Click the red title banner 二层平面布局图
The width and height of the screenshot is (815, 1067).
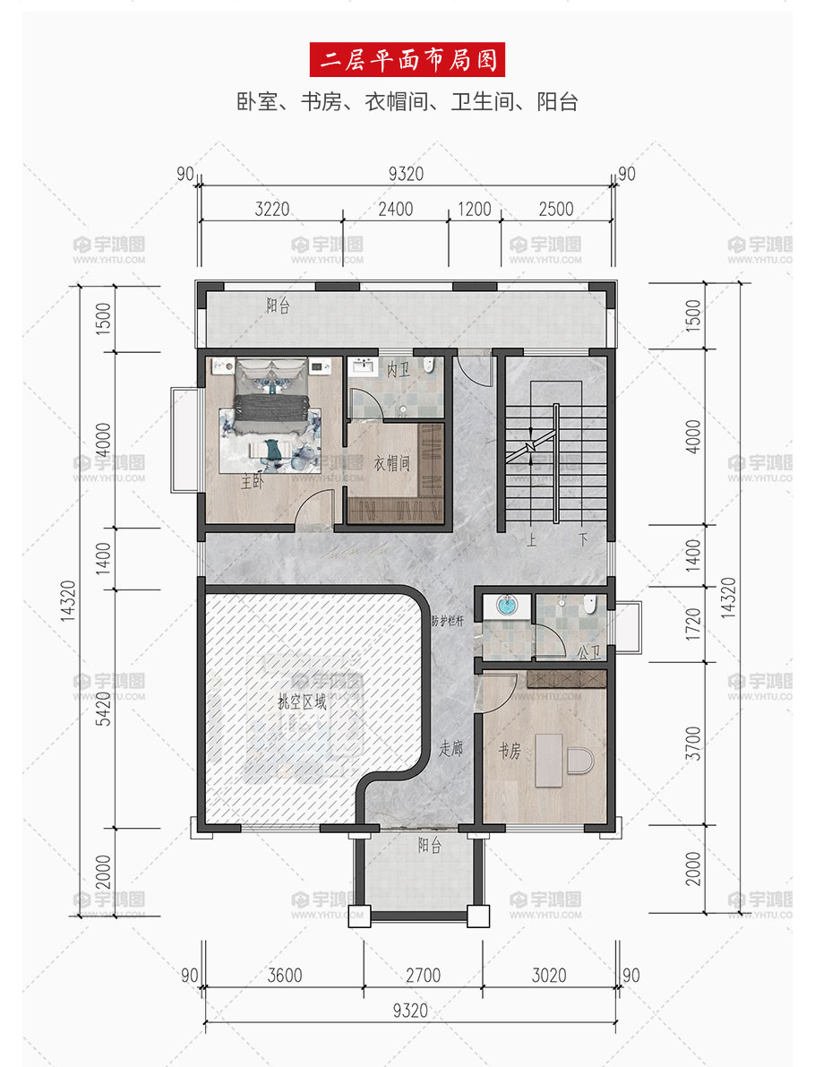[407, 60]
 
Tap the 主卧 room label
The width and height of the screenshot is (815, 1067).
[253, 481]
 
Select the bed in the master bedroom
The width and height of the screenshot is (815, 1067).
[271, 396]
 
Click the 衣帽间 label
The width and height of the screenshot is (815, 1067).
[392, 463]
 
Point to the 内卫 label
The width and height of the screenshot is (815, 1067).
[398, 369]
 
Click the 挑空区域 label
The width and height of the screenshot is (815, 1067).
[302, 701]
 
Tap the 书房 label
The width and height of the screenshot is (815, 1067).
[510, 751]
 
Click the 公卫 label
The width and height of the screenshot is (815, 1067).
[589, 652]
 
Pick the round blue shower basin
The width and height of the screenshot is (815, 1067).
[507, 604]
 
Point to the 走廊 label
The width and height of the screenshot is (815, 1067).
[450, 749]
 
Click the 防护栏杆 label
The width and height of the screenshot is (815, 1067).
[448, 621]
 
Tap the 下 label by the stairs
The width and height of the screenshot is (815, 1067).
[583, 540]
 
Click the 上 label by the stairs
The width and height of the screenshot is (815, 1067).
[531, 540]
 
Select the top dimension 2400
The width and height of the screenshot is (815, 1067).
[395, 209]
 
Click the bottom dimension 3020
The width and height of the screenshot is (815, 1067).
[549, 975]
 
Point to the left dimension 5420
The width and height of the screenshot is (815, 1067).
[103, 709]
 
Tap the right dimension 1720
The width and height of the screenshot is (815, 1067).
[692, 624]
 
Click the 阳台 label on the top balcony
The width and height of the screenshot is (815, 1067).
[278, 305]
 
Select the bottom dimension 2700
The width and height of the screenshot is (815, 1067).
[423, 975]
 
